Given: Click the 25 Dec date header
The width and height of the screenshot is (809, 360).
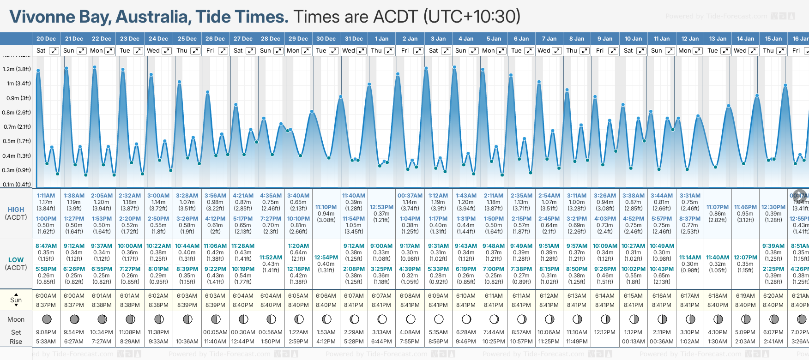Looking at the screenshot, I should coord(187,39).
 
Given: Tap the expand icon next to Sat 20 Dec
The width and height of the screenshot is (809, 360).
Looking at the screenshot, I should coord(54,51).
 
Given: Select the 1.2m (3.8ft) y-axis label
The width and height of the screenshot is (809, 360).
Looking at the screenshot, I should coord(17,69).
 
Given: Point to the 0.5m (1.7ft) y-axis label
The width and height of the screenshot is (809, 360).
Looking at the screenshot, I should coord(17,141).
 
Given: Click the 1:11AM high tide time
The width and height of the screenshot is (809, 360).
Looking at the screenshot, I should coord(46,196).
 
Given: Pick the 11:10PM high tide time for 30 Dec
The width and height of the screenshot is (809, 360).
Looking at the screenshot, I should coord(326,207).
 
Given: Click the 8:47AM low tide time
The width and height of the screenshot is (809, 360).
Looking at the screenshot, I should coord(46,246).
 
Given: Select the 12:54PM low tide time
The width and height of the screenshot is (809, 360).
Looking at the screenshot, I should coord(326,258).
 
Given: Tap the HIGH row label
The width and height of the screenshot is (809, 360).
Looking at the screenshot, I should coord(16,210).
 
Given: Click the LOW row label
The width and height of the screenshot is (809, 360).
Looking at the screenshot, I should coord(16,260).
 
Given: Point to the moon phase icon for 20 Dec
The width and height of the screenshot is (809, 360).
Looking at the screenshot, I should coord(46,319).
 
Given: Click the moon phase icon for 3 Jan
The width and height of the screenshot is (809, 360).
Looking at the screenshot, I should coord(438,319).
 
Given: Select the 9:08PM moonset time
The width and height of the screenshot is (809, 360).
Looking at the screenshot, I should coord(46,332).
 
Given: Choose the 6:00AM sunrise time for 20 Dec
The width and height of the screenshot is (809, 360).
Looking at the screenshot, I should coord(46,296).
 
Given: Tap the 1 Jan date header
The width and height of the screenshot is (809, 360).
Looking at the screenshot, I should coord(381,39).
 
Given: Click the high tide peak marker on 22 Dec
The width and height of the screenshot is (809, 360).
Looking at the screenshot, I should coord(95,67).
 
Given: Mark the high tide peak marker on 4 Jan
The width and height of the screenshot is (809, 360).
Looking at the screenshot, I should coord(455,67).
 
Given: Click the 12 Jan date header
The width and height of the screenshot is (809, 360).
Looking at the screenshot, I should coord(690,39).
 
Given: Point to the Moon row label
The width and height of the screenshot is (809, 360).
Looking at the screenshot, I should coord(16,319).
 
